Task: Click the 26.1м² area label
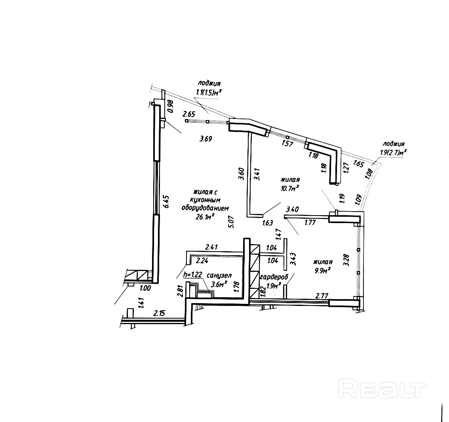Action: (x=205, y=216)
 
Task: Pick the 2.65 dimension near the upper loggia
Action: (x=189, y=114)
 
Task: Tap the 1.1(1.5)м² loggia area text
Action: (x=208, y=92)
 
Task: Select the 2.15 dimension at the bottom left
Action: (x=159, y=313)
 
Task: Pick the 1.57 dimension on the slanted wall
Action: (x=287, y=143)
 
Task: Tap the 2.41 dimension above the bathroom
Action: (x=212, y=248)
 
